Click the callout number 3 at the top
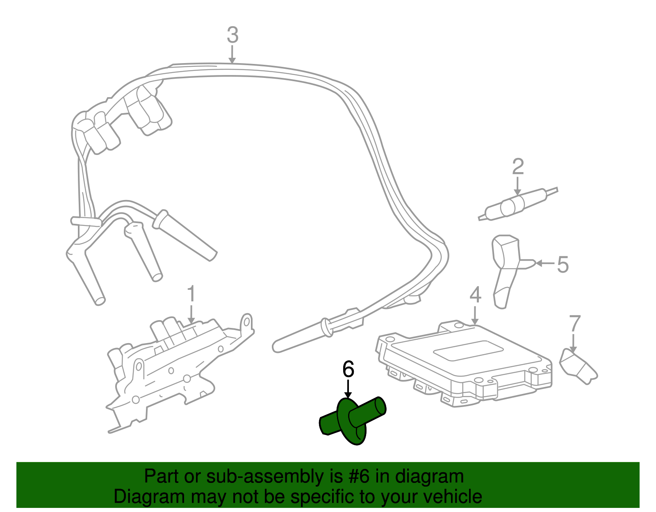tap(232, 35)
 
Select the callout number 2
tap(518, 167)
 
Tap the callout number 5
tap(563, 264)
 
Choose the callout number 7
tap(575, 323)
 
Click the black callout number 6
tap(348, 369)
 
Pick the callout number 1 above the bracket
tap(191, 294)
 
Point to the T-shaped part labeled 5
tap(507, 266)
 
